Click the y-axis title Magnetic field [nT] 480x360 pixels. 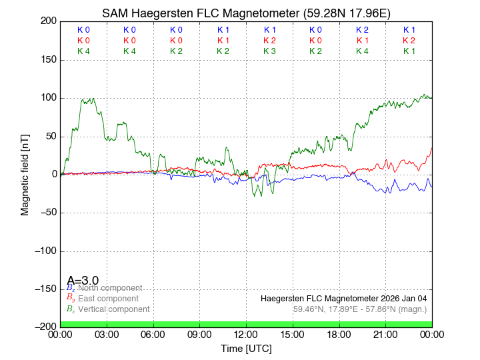click(25, 173)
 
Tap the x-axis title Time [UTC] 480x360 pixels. click(246, 349)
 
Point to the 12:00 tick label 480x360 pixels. click(246, 335)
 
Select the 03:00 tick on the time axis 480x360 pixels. click(107, 335)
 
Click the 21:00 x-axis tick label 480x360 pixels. click(385, 335)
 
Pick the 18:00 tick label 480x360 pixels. click(339, 335)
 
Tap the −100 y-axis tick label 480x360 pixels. click(44, 251)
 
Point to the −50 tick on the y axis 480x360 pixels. click(47, 213)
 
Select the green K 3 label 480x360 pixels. click(269, 51)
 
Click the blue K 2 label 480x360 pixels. click(362, 30)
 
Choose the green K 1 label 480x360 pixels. click(409, 51)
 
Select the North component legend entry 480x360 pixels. click(107, 288)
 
